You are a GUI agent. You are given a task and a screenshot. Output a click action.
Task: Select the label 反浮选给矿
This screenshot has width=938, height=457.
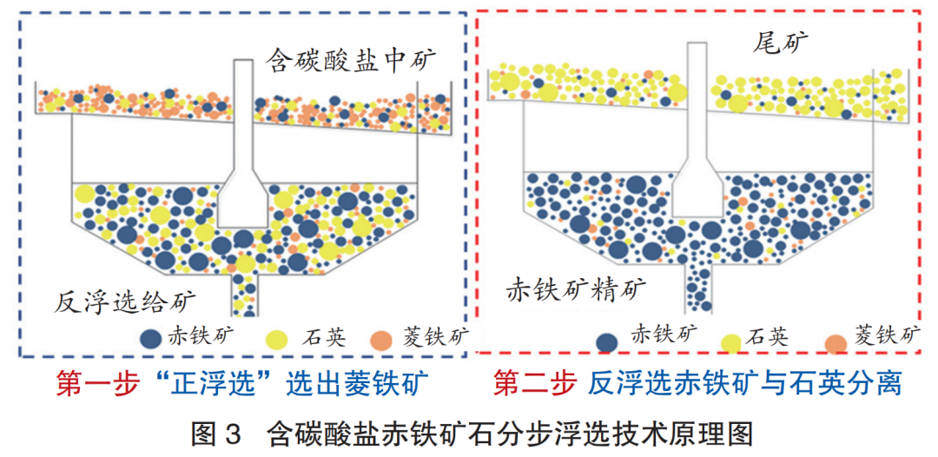(x=123, y=301)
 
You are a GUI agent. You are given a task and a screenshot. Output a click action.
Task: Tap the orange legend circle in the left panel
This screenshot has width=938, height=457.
(x=383, y=338)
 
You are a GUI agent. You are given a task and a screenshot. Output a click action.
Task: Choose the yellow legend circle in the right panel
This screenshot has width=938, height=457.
(x=730, y=342)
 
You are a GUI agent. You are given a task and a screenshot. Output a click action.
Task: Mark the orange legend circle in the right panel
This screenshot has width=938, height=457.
(x=836, y=344)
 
